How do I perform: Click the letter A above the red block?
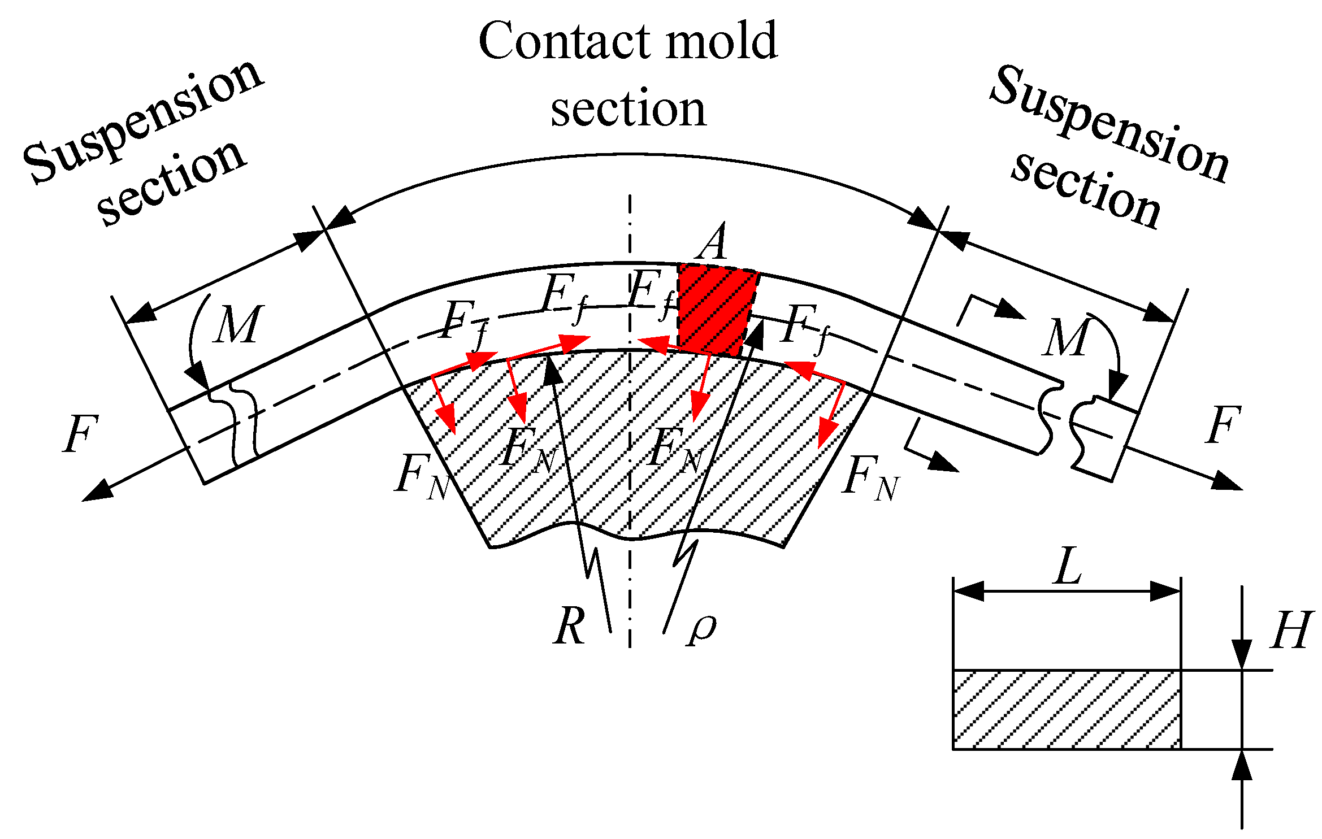pyautogui.click(x=713, y=242)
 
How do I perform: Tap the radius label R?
pyautogui.click(x=569, y=626)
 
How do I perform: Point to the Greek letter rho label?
pyautogui.click(x=702, y=628)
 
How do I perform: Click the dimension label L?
pyautogui.click(x=1068, y=566)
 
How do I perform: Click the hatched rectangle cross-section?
pyautogui.click(x=1067, y=710)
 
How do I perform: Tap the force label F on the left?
pyautogui.click(x=80, y=434)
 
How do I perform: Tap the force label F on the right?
pyautogui.click(x=1223, y=425)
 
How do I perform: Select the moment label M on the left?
pyautogui.click(x=237, y=325)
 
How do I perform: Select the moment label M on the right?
pyautogui.click(x=1066, y=338)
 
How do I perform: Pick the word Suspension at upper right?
pyautogui.click(x=1108, y=124)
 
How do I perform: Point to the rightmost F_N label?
pyautogui.click(x=869, y=477)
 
